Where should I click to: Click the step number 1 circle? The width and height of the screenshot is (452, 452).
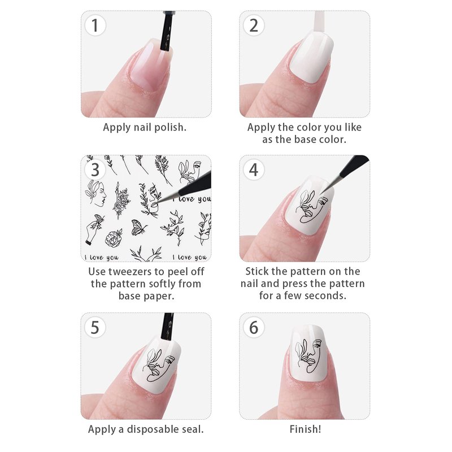(95, 25)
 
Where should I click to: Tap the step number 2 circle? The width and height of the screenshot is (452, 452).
(254, 25)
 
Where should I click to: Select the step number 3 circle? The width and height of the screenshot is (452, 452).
(95, 170)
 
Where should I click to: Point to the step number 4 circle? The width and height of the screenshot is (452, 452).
(254, 170)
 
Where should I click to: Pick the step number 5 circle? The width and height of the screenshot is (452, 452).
(95, 328)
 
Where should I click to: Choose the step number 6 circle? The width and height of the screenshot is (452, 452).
(254, 328)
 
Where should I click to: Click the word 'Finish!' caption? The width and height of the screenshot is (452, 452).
(305, 429)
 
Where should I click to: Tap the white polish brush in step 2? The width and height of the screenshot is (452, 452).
(319, 22)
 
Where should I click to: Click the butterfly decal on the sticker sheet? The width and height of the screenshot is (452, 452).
(138, 228)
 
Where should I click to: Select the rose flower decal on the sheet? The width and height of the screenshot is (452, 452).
(114, 238)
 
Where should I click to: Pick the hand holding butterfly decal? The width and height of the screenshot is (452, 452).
(94, 230)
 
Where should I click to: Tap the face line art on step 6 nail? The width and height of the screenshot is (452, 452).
(308, 355)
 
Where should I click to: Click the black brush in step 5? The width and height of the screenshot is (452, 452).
(167, 327)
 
